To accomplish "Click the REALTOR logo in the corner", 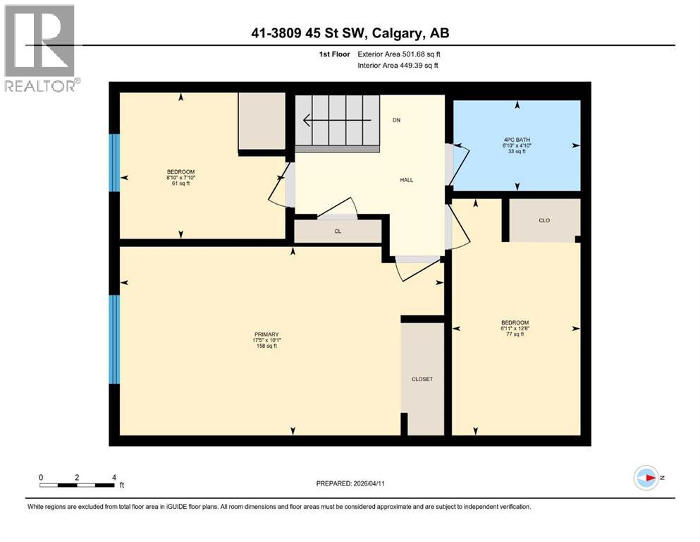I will (x=40, y=47).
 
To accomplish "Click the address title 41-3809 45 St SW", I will (x=350, y=32).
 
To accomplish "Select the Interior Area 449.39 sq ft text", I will (x=398, y=66).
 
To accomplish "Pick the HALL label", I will (x=407, y=180).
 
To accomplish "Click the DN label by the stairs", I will (x=396, y=120).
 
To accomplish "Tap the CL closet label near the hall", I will (x=338, y=231).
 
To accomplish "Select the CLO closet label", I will (x=544, y=220).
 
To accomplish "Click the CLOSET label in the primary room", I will (x=422, y=379).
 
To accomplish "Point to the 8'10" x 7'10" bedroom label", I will (x=180, y=178).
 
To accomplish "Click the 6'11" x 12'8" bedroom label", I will (x=514, y=328).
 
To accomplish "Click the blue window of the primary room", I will (x=114, y=339).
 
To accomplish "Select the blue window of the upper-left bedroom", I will (x=114, y=162).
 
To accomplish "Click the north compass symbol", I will (x=646, y=478).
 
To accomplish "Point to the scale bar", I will (x=78, y=484).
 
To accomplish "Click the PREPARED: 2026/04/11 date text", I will (x=350, y=483).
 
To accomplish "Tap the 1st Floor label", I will (x=335, y=54).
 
